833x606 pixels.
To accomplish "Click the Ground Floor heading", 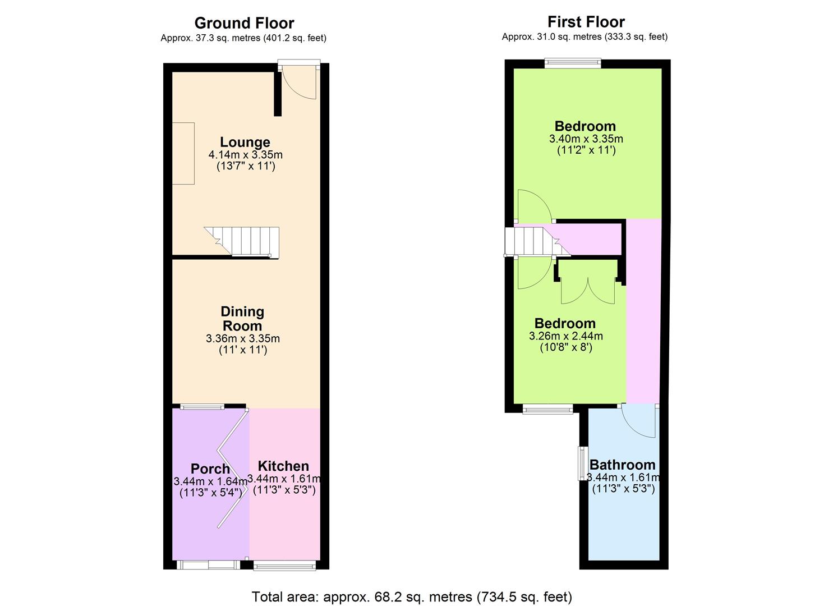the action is point(245,23).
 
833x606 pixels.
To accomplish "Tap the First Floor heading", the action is point(586,22).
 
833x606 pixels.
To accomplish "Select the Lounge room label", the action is point(245,142).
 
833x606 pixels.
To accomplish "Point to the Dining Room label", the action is point(242,319).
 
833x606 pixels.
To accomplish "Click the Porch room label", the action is point(210,469).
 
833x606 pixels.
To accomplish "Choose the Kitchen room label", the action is point(283,466).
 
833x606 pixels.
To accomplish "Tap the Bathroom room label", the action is point(623,465).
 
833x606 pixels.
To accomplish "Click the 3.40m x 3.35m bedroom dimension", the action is point(586,139).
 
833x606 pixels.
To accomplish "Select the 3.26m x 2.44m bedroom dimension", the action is point(566,336).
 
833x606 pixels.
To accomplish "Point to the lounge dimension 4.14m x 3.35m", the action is point(246,154).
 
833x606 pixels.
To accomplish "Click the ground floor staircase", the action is point(242,242).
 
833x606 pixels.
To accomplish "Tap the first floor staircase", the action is point(537,242).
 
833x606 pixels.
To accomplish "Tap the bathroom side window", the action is point(581,463).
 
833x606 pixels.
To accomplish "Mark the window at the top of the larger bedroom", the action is point(573,63).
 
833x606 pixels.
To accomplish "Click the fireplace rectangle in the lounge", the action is point(183,153).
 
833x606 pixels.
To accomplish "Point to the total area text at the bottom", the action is point(412,596).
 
